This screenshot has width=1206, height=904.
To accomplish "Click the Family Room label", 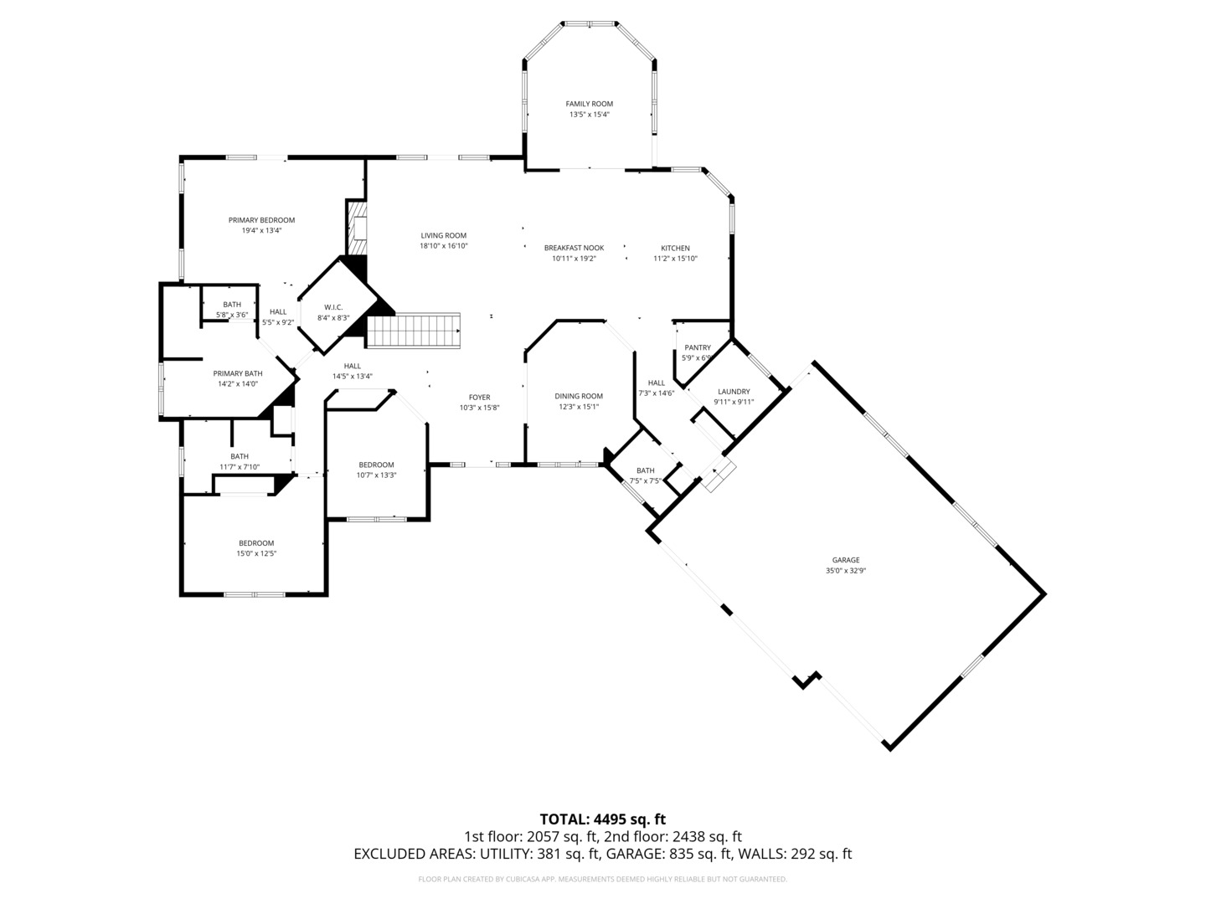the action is (589, 104).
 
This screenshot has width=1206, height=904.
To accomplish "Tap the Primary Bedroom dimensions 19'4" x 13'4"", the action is (261, 230).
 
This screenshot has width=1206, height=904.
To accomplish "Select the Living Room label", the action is (443, 235).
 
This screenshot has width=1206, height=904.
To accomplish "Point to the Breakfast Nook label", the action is (574, 248).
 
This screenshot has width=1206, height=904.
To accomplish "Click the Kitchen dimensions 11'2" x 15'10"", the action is (675, 259).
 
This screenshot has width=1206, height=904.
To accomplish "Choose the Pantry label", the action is (698, 347).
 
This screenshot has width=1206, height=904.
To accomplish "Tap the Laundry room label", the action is (734, 392).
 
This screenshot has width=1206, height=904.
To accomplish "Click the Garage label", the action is (846, 560).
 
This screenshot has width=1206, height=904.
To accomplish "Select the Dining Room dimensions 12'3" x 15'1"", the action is (579, 407).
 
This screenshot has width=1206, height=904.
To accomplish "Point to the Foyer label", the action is (479, 398).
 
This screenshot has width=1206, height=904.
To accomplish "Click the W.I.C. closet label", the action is (333, 307).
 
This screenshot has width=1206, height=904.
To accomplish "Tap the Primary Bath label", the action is (237, 374).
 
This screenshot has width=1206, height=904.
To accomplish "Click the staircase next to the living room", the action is (413, 330).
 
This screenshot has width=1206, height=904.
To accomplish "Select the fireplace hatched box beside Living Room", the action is (357, 228).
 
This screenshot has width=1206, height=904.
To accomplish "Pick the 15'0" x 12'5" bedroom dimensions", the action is (256, 553).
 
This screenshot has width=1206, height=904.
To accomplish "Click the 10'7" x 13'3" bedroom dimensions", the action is (376, 475).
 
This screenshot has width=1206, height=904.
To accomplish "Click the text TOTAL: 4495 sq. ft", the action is (603, 819).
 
